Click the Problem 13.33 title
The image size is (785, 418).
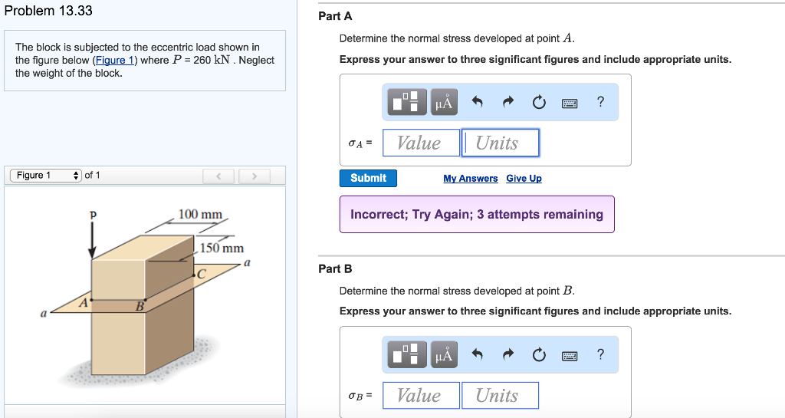click(x=48, y=11)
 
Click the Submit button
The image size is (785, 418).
click(x=368, y=178)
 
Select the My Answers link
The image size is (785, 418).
click(x=470, y=179)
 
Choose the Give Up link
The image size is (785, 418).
click(x=524, y=179)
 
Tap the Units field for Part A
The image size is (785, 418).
click(x=500, y=143)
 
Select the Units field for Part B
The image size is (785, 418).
click(x=500, y=395)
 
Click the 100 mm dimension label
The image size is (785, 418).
click(x=200, y=214)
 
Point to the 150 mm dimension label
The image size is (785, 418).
click(x=222, y=248)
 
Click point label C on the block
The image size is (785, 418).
click(x=202, y=274)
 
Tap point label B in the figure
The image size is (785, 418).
click(x=140, y=308)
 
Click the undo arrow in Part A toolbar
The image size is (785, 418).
click(x=477, y=102)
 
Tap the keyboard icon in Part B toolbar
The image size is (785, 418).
click(x=569, y=354)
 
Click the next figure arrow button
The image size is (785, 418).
click(x=250, y=177)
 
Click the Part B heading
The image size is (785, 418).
click(x=335, y=268)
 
